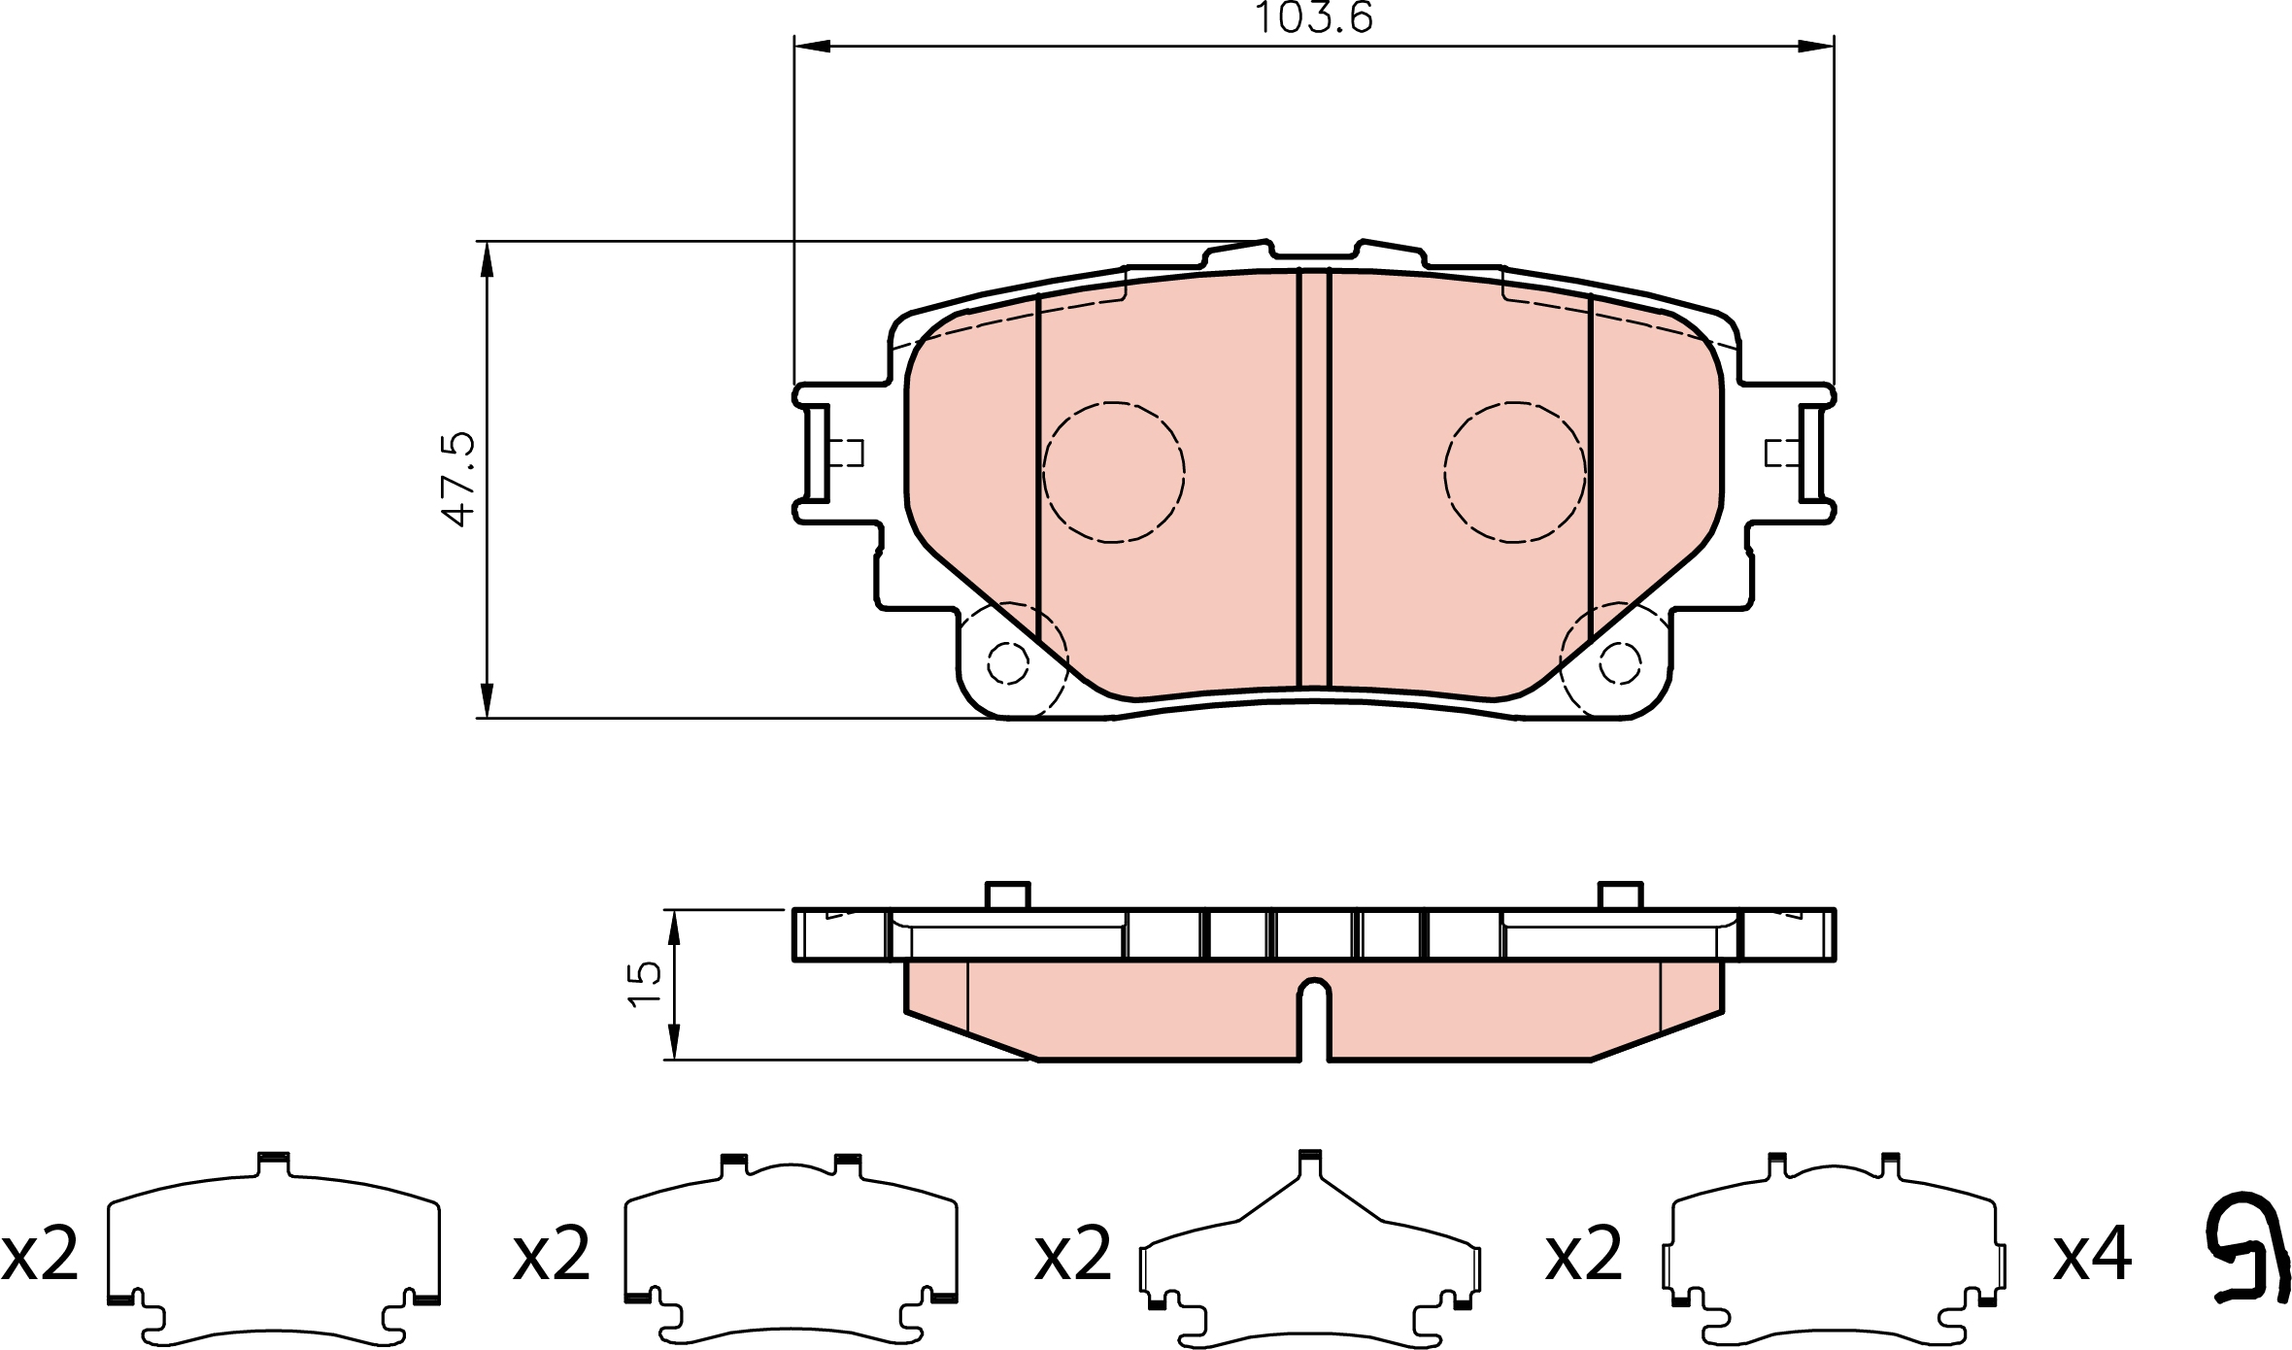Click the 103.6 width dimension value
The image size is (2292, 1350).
pos(1314,17)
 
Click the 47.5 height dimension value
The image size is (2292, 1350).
pos(458,479)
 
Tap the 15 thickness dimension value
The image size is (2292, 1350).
pos(645,985)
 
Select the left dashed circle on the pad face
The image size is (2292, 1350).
pos(1114,472)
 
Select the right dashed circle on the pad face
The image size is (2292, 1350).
pos(1514,472)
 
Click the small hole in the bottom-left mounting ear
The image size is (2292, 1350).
pos(1007,663)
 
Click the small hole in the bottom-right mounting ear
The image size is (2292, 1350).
pos(1619,663)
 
